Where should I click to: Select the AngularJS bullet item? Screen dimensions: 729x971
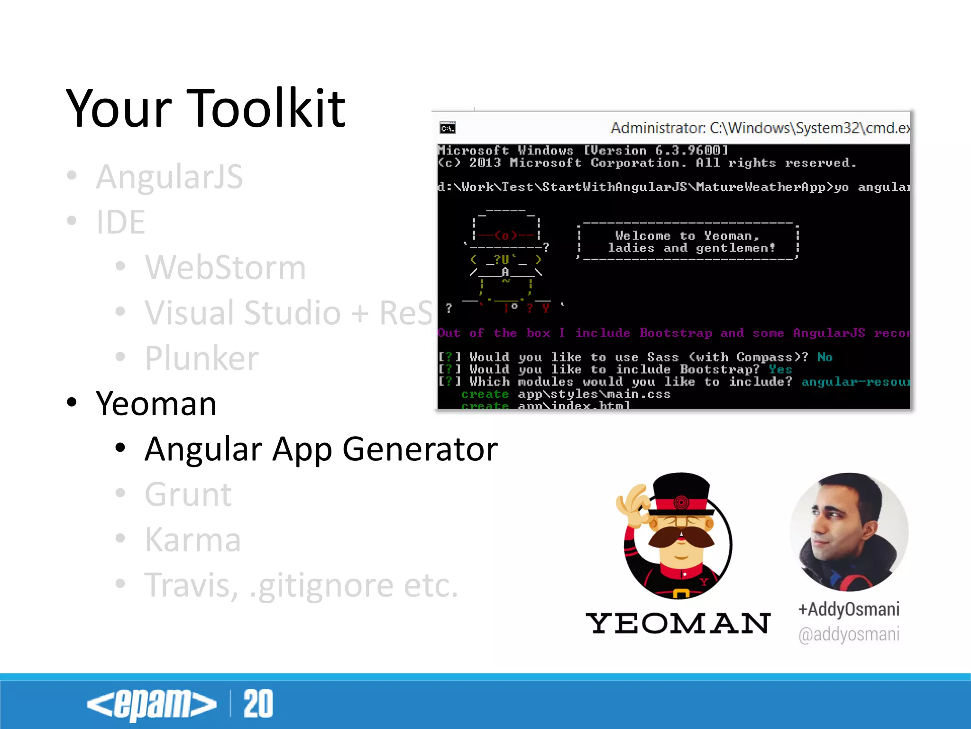click(x=169, y=177)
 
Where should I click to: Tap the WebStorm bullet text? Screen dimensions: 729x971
click(x=225, y=268)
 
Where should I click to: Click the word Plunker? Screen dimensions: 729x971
click(x=202, y=358)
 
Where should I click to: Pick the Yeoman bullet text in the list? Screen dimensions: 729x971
click(x=156, y=404)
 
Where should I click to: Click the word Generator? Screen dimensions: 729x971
click(x=420, y=449)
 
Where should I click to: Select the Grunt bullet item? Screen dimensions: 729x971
click(x=188, y=495)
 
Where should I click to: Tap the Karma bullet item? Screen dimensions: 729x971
click(x=192, y=540)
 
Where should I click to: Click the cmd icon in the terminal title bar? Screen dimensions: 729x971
click(x=447, y=128)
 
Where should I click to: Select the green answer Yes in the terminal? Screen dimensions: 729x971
click(x=780, y=369)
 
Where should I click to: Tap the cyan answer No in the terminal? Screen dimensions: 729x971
click(x=824, y=357)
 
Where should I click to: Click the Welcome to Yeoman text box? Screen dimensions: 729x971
click(x=688, y=242)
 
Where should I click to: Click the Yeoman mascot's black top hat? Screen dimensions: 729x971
click(x=681, y=491)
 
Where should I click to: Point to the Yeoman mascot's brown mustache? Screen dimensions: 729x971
click(x=681, y=539)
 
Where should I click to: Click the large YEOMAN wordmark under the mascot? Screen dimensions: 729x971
click(x=678, y=623)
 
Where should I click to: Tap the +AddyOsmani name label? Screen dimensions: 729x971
click(x=849, y=609)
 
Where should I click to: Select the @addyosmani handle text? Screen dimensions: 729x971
click(x=849, y=635)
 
